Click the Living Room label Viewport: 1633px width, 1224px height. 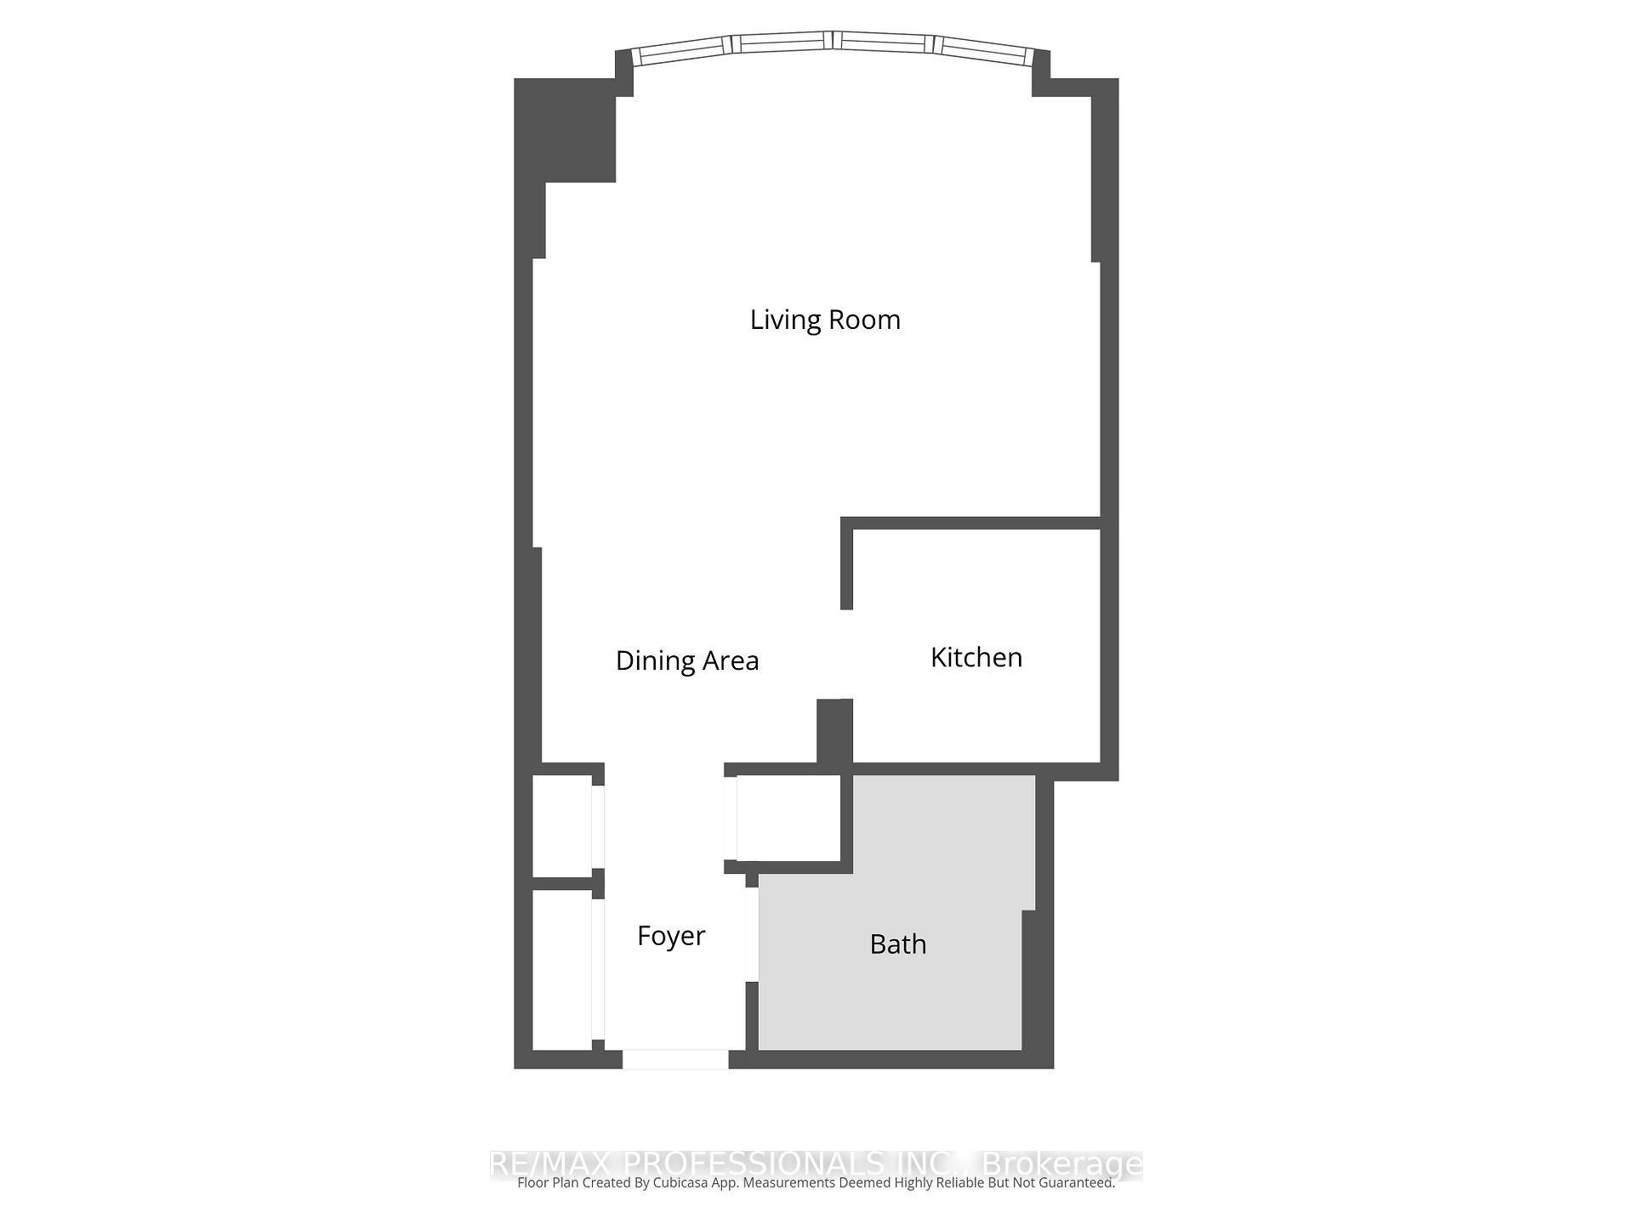(x=825, y=320)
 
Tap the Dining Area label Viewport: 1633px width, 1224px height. (x=687, y=660)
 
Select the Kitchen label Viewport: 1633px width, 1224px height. (x=976, y=657)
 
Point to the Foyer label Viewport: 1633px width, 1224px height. (x=671, y=936)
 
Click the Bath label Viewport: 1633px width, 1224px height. (x=898, y=944)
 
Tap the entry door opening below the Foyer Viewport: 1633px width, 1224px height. (x=675, y=1059)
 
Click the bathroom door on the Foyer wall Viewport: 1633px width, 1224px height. (x=752, y=934)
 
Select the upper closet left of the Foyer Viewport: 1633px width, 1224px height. (x=561, y=825)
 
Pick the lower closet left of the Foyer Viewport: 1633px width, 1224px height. (x=561, y=969)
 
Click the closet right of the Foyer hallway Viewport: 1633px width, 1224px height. (x=788, y=817)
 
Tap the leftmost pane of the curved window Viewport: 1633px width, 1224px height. (x=683, y=51)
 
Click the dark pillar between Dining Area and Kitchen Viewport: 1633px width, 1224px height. (x=834, y=731)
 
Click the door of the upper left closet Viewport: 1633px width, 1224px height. (x=598, y=826)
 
